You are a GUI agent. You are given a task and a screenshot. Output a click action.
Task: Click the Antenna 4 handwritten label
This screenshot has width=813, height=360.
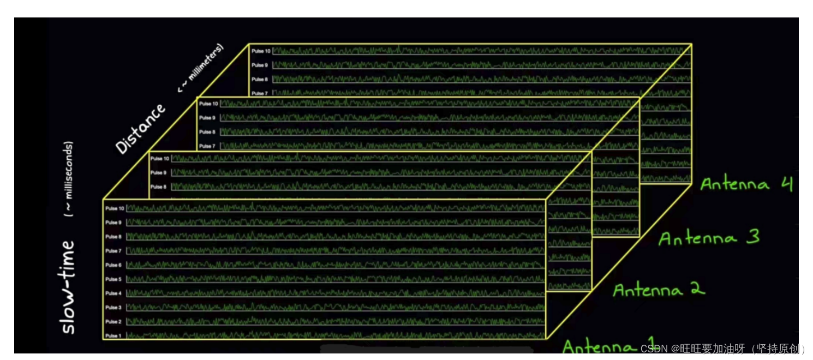pos(746,184)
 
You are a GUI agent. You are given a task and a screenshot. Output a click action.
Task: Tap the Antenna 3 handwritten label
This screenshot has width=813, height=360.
pos(709,238)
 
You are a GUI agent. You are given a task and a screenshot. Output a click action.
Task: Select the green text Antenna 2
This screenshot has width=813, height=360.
pos(659,290)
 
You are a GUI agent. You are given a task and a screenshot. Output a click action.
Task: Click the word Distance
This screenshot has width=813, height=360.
pos(140,129)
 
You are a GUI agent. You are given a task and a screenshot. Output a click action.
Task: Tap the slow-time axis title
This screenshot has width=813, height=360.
pos(68,287)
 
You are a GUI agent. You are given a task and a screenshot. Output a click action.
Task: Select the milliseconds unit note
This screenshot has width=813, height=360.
pos(69,180)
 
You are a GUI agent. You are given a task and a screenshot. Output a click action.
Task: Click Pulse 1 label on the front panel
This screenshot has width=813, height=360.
pos(114,336)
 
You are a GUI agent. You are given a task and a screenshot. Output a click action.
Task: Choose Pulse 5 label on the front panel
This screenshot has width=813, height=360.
pos(114,279)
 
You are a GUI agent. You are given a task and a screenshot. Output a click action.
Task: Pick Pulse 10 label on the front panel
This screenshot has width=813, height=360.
pos(115,208)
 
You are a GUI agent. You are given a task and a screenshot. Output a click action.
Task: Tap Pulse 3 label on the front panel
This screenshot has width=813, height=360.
pos(114,308)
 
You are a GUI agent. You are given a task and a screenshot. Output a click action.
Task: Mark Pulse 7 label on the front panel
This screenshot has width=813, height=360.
pos(114,251)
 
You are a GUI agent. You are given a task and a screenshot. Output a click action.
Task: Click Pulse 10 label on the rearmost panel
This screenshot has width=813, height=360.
pos(261,51)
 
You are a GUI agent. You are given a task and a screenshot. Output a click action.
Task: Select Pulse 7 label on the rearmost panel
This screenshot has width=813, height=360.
pos(260,93)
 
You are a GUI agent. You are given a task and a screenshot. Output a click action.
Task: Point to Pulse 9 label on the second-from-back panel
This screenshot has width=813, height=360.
pos(207,118)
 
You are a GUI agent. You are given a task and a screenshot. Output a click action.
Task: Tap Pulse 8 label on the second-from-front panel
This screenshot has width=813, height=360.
pos(158,187)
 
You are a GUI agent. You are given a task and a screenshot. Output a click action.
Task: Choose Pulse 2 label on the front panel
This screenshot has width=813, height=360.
pos(114,322)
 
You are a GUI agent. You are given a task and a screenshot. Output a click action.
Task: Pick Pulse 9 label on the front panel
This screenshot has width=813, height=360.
pos(114,223)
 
